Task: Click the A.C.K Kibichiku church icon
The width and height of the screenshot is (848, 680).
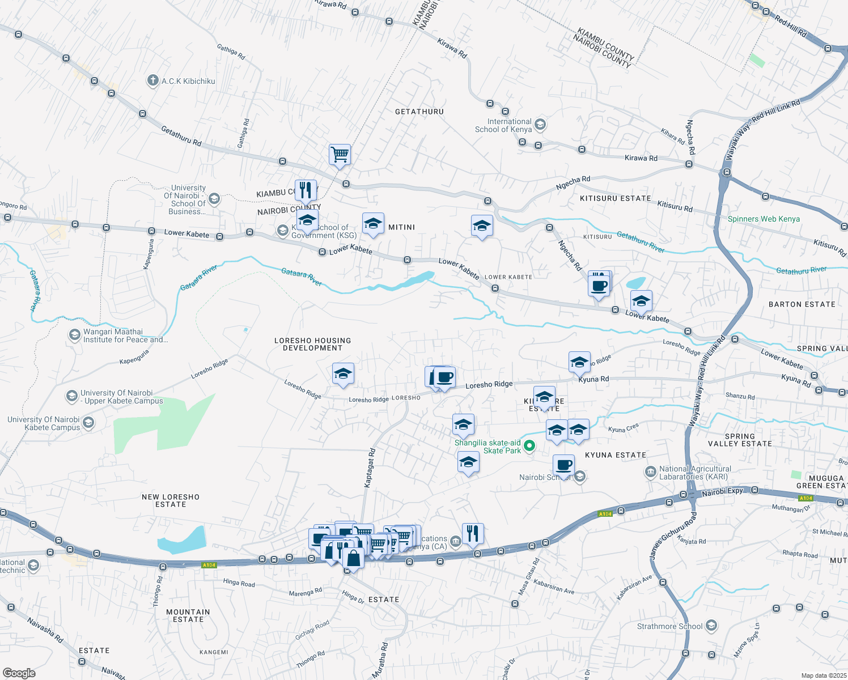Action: (x=152, y=80)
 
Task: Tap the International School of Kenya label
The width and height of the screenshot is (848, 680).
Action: (x=503, y=125)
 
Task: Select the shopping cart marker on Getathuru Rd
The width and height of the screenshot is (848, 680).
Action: (x=340, y=154)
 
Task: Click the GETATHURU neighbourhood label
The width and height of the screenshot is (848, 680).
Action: (x=419, y=112)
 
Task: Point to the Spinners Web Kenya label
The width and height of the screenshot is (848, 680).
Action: (x=764, y=219)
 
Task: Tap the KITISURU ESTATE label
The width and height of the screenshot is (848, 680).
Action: (x=615, y=198)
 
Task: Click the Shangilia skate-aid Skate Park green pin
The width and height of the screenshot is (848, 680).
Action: (x=529, y=446)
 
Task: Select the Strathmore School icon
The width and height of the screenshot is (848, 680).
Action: (x=711, y=626)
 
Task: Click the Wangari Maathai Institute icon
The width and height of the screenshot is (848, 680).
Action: (x=74, y=335)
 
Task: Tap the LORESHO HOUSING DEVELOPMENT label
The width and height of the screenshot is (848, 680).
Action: (x=312, y=344)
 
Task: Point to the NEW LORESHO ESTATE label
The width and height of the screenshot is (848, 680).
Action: (x=171, y=500)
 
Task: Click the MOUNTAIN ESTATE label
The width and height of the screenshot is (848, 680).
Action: (x=188, y=615)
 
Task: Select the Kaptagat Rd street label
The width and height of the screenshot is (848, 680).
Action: (x=370, y=467)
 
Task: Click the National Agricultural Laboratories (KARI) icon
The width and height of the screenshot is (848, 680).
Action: (x=651, y=472)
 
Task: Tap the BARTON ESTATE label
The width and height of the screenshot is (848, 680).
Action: (x=802, y=304)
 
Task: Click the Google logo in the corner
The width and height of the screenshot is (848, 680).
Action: (x=19, y=673)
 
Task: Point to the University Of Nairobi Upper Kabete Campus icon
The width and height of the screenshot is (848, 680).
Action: (x=72, y=396)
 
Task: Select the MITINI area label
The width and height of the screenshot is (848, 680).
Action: (x=401, y=227)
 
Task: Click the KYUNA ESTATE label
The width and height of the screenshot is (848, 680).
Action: (x=615, y=455)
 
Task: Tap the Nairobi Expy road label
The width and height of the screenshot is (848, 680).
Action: (x=722, y=492)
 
